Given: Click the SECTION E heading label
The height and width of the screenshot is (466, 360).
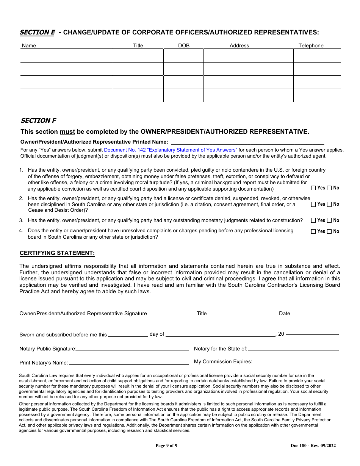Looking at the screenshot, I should [x=37, y=33].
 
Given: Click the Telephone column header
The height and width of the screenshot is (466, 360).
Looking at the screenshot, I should [x=311, y=45].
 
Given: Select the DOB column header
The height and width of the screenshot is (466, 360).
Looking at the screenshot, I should [x=184, y=45].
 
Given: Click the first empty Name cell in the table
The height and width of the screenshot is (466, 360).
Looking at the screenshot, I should [x=67, y=56].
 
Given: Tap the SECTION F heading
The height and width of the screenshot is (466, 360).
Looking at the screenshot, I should [x=38, y=120].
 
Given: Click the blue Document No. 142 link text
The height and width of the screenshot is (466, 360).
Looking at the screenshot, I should [x=171, y=150].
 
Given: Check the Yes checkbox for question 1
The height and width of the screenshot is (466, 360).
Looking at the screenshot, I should [x=313, y=188].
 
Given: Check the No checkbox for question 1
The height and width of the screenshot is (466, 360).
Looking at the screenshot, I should [x=329, y=188].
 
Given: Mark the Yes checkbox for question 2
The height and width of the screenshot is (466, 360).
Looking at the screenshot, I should [x=313, y=204].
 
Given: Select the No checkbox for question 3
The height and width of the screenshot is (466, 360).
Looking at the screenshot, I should [x=329, y=220].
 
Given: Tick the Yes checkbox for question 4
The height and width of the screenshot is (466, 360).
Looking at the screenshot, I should [x=313, y=231].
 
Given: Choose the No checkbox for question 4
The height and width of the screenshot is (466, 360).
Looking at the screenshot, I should [x=329, y=231].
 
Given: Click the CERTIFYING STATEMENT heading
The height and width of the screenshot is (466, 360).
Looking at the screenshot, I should [x=57, y=253].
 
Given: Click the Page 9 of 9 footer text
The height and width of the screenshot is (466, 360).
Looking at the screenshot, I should [x=166, y=446].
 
